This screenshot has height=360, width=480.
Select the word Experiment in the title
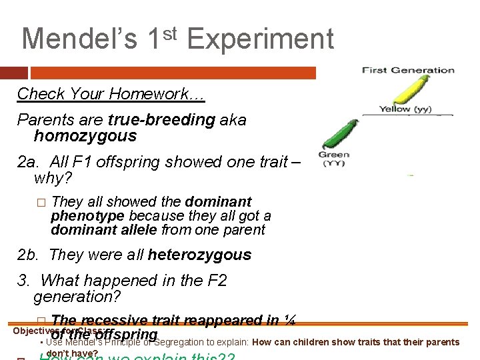pos(260,39)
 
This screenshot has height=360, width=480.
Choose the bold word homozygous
pos(85,136)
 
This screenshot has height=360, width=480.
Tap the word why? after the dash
pos(53,178)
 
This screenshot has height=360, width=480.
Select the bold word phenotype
pos(88,216)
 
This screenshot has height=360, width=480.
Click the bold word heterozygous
pos(199,255)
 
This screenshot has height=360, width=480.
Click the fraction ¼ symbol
pos(289,320)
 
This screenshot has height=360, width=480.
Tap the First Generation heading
pos(408,70)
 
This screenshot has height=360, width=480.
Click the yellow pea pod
pos(403,88)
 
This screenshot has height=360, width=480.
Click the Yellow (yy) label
pos(405,109)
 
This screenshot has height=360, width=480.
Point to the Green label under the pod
pos(333,155)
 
